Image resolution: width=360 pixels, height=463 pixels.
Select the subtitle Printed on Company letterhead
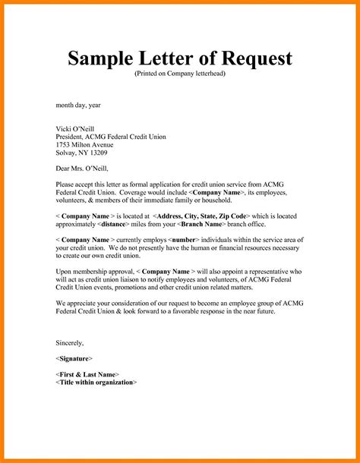[180, 76]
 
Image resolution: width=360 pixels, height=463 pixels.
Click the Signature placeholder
[74, 357]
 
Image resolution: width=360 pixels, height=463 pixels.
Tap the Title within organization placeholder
[97, 383]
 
